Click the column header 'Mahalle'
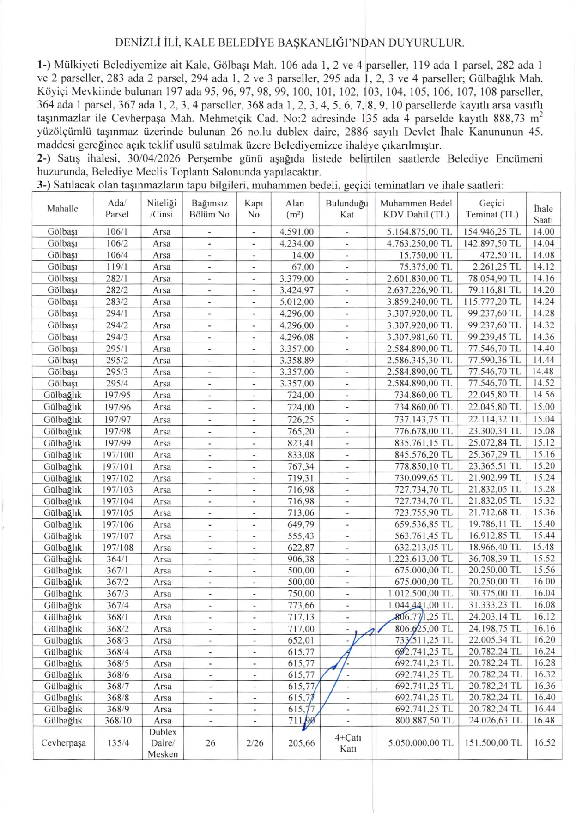62,209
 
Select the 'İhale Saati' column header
543,214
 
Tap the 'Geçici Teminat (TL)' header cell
492,209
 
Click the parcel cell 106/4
117,255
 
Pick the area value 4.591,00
296,232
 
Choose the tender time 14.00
543,232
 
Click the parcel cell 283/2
117,301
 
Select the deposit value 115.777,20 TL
492,301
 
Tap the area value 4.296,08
296,337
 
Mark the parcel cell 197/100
117,455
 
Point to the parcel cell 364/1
117,559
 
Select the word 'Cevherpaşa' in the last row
63,743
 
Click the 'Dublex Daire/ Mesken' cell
163,743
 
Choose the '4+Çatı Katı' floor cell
348,743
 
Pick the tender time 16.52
544,743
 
